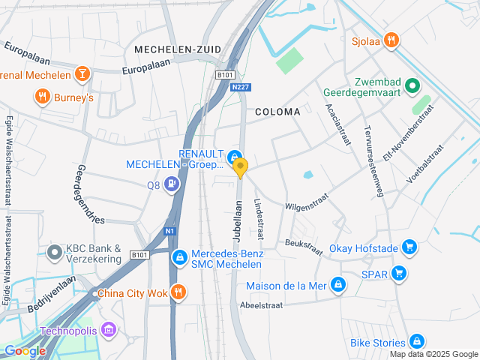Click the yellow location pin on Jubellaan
pos(240,167)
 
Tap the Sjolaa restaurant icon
pos(390,40)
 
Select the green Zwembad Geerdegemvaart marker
pos(411,87)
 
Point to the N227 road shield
pos(240,87)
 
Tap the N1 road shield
pos(170,232)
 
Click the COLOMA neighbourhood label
pos(277,112)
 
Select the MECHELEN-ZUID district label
pos(178,49)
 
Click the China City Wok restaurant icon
pos(178,292)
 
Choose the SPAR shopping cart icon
pos(399,274)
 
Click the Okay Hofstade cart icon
pos(409,246)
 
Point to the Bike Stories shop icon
pos(417,343)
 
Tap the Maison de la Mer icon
pos(338,285)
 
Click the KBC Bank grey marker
pos(54,252)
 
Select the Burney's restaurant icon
pos(42,97)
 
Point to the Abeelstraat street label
pos(262,305)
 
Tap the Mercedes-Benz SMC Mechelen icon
pos(179,258)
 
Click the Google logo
pos(24,350)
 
